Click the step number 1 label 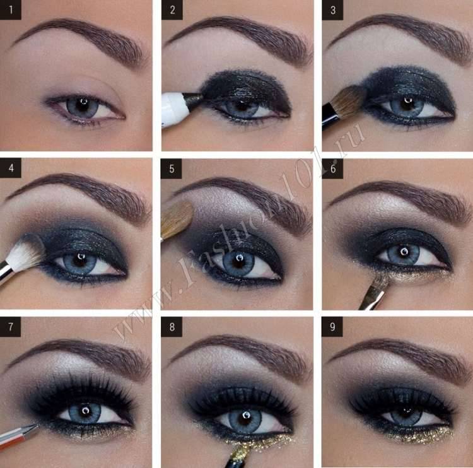pos(10,10)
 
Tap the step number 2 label pos(172,10)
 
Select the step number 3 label pos(332,10)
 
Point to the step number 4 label pos(11,168)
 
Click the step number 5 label pos(172,168)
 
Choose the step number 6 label pos(332,168)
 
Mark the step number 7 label pos(10,327)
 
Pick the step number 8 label pos(172,327)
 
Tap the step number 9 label pos(332,327)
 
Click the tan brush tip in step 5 pos(176,219)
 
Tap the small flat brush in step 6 pos(373,292)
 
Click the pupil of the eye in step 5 pos(239,261)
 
